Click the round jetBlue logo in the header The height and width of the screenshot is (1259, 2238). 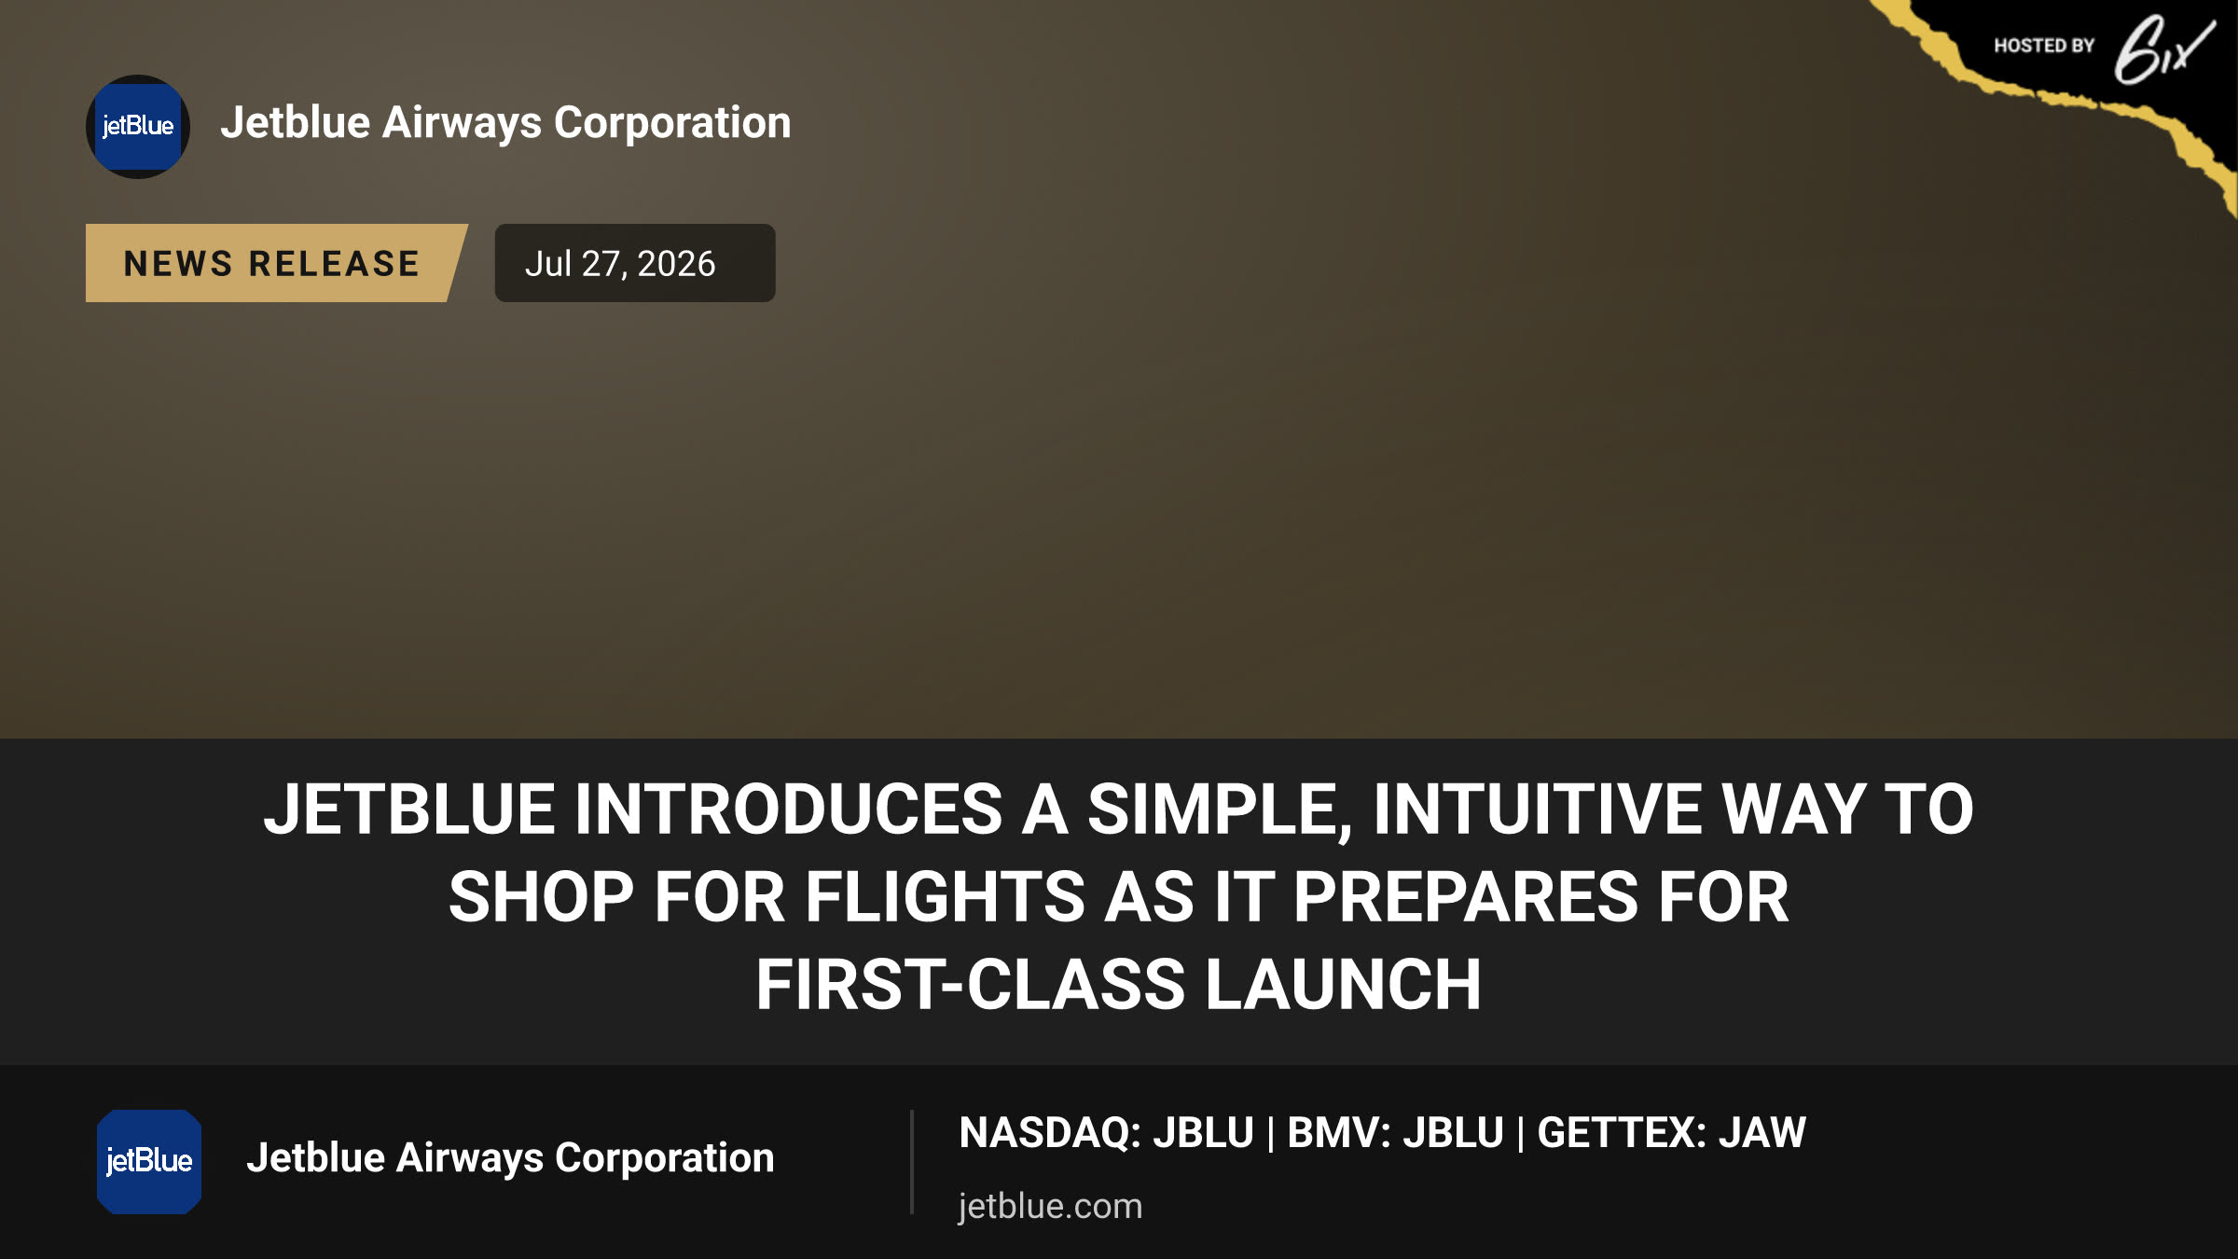[x=138, y=127]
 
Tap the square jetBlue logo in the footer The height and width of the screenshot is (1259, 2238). [x=149, y=1161]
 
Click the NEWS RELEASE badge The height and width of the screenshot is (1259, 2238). [x=275, y=263]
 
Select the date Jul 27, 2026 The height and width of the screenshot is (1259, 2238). [x=620, y=264]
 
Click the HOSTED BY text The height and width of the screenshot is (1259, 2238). [x=2044, y=46]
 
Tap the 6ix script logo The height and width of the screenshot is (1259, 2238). [x=2163, y=51]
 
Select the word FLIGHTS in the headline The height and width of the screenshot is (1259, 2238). [x=944, y=897]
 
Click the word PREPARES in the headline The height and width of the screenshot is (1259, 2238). [x=1465, y=897]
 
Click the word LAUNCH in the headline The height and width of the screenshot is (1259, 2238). [x=1344, y=985]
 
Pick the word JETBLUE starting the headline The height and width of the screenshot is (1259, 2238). [x=409, y=809]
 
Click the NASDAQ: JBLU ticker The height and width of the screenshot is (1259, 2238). [x=1107, y=1133]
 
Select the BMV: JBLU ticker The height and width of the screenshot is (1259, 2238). [x=1396, y=1133]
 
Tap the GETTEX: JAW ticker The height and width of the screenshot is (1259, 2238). [x=1672, y=1133]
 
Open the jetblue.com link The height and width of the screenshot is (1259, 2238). [x=1050, y=1206]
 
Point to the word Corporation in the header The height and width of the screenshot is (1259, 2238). [x=672, y=122]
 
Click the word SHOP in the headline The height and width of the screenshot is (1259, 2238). [x=542, y=897]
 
